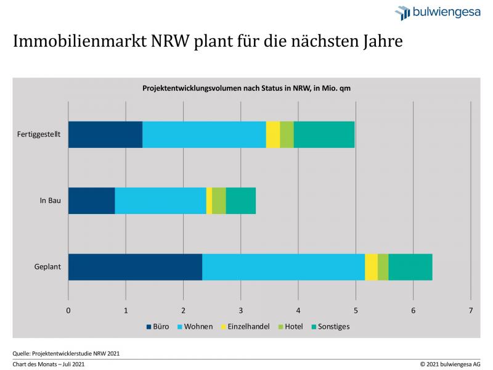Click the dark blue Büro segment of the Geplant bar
[x=135, y=267]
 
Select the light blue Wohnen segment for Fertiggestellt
[x=204, y=134]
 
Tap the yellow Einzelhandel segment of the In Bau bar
[x=209, y=201]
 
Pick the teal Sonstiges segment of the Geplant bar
[x=410, y=267]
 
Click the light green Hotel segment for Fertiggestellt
[x=287, y=134]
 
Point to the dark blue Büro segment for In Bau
[x=91, y=201]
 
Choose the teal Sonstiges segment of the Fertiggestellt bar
[x=324, y=134]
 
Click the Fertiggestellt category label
[x=38, y=135]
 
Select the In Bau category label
[x=49, y=201]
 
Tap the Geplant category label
[x=47, y=268]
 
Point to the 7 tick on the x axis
[x=471, y=310]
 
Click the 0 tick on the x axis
[x=68, y=310]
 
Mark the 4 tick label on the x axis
[x=298, y=310]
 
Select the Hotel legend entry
[x=293, y=326]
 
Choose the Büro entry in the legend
[x=160, y=326]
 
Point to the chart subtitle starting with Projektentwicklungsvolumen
[x=246, y=88]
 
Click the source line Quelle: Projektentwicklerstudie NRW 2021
[x=66, y=353]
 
